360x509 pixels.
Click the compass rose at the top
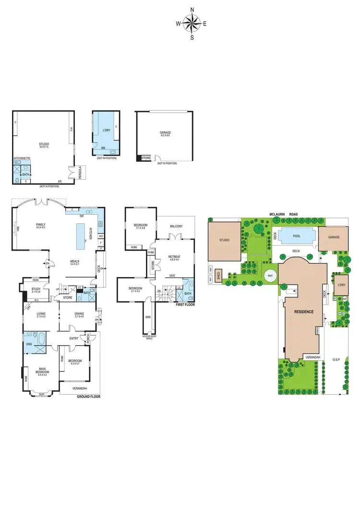point(192,23)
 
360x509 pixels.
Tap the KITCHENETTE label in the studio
point(22,158)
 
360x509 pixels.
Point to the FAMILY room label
point(41,224)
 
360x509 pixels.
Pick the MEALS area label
point(74,262)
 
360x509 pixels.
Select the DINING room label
point(79,314)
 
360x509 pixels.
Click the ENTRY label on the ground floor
point(74,339)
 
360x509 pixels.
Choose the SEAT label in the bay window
point(42,394)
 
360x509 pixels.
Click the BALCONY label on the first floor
point(176,226)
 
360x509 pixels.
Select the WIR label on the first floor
point(148,317)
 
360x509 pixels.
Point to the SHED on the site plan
point(218,274)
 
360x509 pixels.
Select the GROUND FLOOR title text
point(91,397)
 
